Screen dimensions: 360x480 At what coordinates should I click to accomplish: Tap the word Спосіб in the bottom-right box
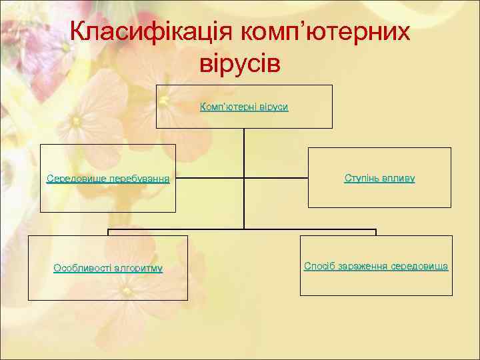[319, 266]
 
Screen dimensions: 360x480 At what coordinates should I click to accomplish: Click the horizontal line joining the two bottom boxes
[244, 230]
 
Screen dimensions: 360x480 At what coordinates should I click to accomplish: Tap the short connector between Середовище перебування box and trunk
[210, 179]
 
